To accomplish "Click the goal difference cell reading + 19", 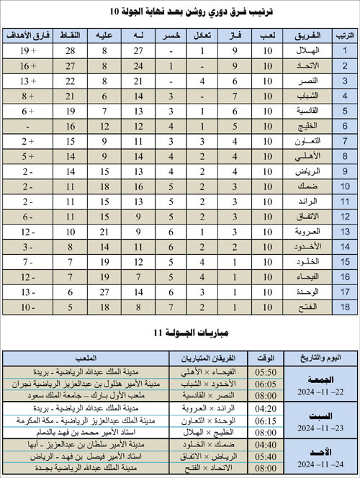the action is (x=27, y=50).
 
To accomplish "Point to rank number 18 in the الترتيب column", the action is (x=345, y=307).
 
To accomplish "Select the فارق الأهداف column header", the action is (x=27, y=35).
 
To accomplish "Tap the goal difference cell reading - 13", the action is (x=27, y=292).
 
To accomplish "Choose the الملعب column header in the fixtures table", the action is (x=86, y=358).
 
